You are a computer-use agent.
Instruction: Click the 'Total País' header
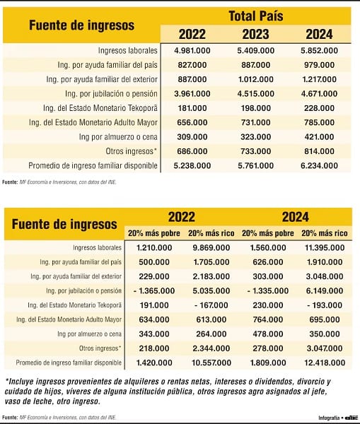click(x=256, y=16)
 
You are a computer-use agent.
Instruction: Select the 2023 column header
click(x=255, y=34)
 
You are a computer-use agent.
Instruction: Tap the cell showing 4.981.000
click(x=192, y=51)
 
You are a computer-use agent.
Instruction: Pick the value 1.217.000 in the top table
click(x=319, y=79)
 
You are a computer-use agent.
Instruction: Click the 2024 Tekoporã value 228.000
click(x=319, y=108)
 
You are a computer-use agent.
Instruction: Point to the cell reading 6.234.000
click(x=319, y=165)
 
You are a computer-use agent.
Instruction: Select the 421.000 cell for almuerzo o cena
click(x=319, y=137)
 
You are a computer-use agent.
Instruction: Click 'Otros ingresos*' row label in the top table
click(x=132, y=151)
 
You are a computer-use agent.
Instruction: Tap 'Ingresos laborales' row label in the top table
click(x=127, y=51)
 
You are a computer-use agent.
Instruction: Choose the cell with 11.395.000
click(x=325, y=248)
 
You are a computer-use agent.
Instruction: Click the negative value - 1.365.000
click(x=154, y=291)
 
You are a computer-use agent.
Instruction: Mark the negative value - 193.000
click(x=325, y=305)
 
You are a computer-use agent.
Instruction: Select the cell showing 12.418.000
click(x=325, y=363)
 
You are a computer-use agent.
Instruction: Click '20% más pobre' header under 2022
click(x=154, y=233)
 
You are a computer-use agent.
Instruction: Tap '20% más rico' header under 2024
click(x=325, y=233)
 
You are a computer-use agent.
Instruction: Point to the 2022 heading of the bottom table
click(x=181, y=217)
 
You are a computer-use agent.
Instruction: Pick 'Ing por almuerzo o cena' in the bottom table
click(x=89, y=334)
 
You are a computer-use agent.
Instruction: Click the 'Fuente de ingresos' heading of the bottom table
click(x=64, y=224)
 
